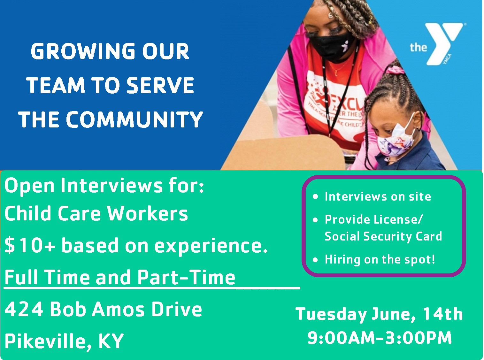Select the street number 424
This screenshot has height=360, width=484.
tap(24, 309)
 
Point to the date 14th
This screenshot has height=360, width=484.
tap(443, 314)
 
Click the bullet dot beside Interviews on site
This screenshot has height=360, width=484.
tap(316, 197)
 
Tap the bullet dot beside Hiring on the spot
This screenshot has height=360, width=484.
tap(316, 260)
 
